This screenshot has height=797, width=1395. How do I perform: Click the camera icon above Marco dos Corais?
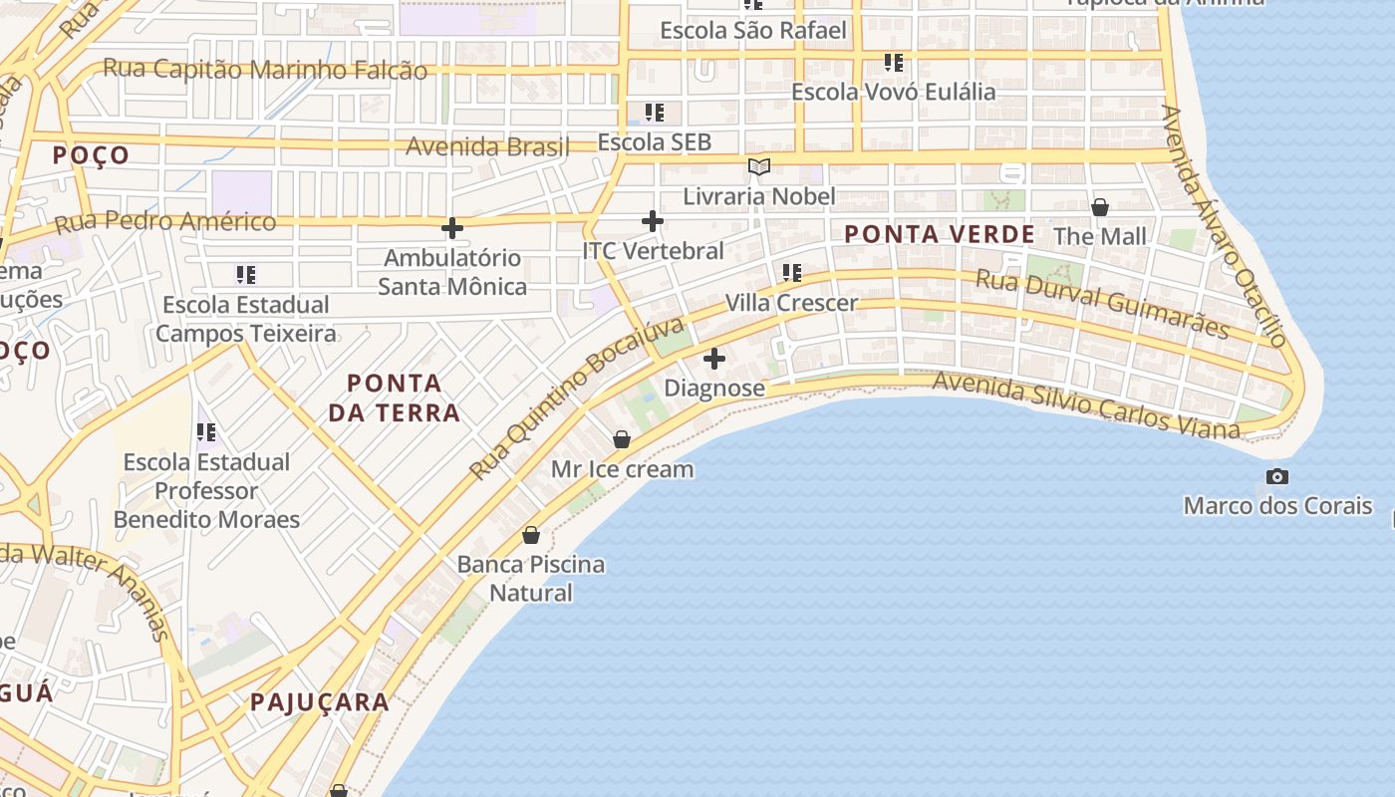(1276, 476)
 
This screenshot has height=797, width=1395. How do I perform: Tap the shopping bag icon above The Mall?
(1100, 207)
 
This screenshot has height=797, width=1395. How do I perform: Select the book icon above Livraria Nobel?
(759, 166)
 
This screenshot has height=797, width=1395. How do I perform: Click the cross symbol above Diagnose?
(714, 359)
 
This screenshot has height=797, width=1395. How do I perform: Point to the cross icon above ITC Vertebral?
(653, 221)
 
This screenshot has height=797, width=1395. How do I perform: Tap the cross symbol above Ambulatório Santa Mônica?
(452, 228)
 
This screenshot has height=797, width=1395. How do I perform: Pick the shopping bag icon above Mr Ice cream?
(622, 439)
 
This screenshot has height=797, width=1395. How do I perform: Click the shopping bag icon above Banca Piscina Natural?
(531, 535)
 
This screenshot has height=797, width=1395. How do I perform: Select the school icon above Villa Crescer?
(792, 272)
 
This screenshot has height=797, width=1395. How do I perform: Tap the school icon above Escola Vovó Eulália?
(894, 63)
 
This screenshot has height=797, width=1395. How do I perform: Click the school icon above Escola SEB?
(654, 113)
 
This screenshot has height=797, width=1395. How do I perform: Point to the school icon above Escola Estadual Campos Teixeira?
(245, 274)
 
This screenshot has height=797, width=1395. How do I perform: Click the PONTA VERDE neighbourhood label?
(940, 234)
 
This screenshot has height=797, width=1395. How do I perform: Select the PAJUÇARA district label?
(320, 701)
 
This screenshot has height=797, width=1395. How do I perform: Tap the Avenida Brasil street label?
(487, 146)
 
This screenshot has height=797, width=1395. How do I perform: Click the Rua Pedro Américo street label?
(165, 222)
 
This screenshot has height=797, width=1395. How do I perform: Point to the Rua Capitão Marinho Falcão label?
(265, 70)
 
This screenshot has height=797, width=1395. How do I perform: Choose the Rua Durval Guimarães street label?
(1102, 303)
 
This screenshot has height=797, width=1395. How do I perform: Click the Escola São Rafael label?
(753, 31)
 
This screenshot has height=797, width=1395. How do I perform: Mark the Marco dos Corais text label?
(1277, 505)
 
